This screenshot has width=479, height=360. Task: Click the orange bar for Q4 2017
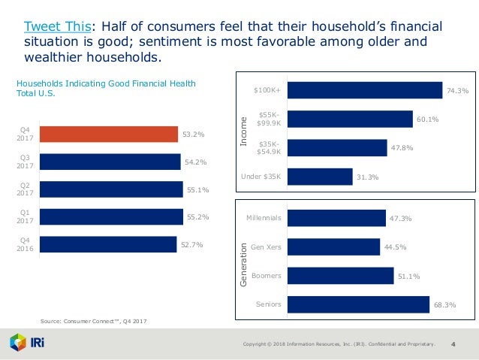(109, 135)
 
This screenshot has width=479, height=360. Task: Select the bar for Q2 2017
(111, 189)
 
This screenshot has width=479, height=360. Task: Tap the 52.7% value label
(191, 245)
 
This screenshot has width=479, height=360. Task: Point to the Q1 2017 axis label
(24, 217)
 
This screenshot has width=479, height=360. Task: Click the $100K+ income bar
(364, 90)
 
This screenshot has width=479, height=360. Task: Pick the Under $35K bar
(320, 177)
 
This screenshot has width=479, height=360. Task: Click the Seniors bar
(358, 304)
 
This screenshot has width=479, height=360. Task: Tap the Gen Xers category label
(267, 247)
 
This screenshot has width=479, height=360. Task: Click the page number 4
(453, 344)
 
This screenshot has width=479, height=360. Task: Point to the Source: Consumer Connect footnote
(93, 321)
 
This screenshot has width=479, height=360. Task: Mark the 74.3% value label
(457, 91)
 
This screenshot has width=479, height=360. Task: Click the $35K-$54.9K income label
(268, 148)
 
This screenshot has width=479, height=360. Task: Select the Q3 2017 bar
(110, 162)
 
